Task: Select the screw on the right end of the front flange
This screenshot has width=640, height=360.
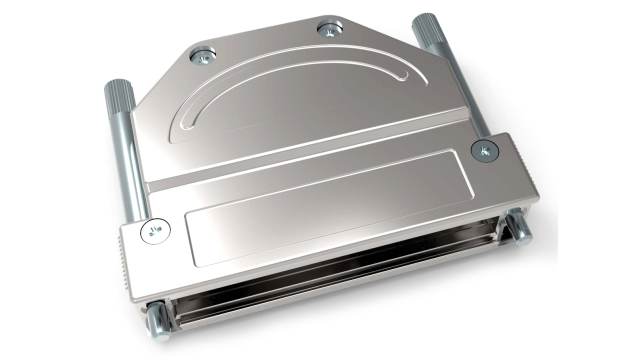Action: pyautogui.click(x=485, y=150)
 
